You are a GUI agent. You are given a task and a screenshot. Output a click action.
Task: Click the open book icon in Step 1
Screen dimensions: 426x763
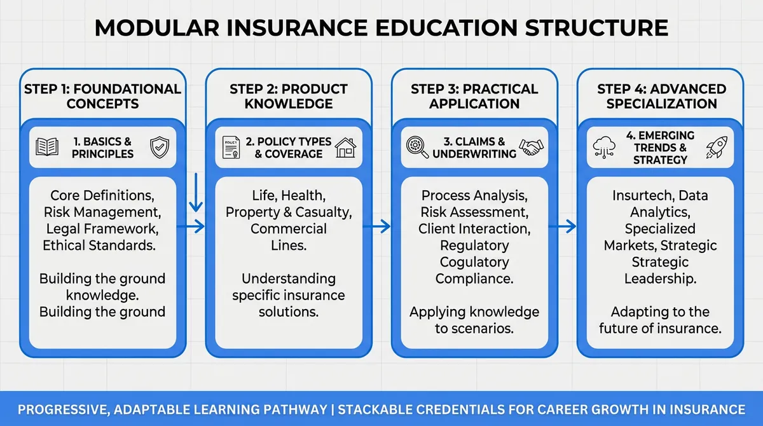coord(47,148)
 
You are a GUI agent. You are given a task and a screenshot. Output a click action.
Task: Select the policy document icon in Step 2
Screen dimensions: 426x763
coord(231,148)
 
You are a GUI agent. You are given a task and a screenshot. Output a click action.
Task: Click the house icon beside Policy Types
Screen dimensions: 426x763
coord(346,147)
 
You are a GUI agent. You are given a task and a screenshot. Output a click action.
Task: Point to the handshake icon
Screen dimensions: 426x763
coord(532,147)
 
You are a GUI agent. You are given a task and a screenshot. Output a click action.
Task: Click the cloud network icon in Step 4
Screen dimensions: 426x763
coord(603,148)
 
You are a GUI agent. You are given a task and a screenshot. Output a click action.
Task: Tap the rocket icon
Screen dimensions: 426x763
coord(717,147)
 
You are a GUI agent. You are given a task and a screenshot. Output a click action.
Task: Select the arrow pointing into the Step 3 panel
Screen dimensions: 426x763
coord(381,226)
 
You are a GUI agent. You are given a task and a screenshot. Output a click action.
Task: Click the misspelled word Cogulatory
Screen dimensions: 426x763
coord(474,261)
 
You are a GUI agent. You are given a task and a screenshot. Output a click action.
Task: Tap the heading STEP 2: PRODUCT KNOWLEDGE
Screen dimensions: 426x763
coord(288,96)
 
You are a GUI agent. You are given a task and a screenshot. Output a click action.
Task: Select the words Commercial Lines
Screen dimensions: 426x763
coord(288,237)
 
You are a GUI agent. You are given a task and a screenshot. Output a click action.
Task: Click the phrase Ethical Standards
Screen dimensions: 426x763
coord(102,245)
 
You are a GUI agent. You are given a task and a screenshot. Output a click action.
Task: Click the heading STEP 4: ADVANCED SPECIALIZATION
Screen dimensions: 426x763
coord(661,96)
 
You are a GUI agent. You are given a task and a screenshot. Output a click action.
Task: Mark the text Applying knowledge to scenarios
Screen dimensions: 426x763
coord(474,320)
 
